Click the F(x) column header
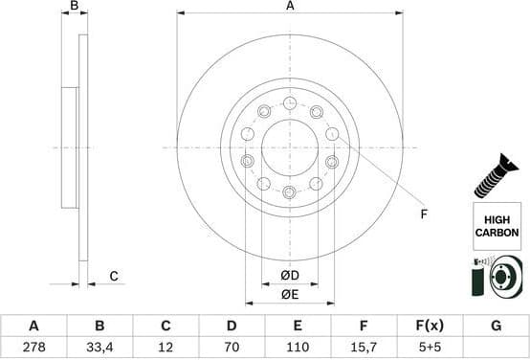point(430,326)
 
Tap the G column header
point(496,326)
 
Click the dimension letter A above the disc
point(290,7)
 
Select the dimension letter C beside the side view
point(113,277)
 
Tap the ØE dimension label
point(290,295)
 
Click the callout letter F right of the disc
point(424,214)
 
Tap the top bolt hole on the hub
point(290,103)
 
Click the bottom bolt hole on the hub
point(290,192)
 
